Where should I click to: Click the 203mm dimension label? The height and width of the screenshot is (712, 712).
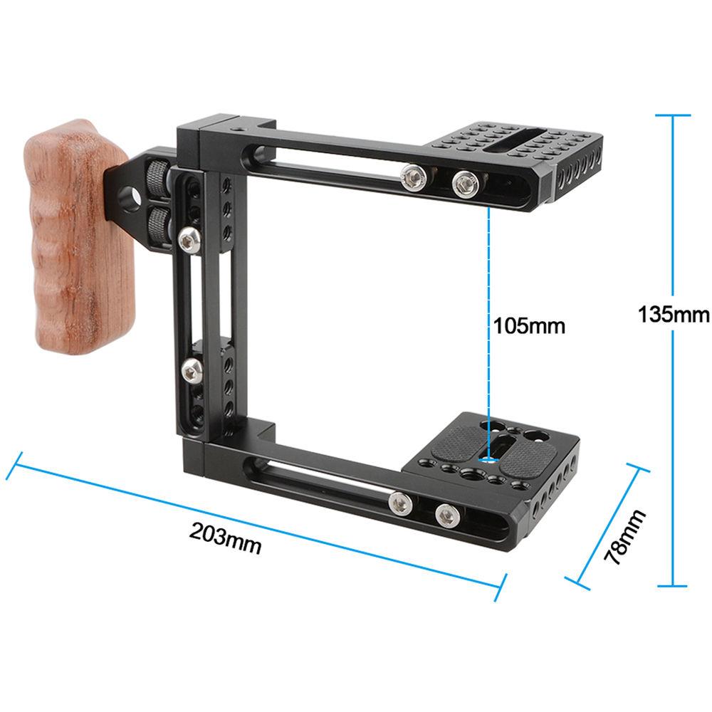point(226,539)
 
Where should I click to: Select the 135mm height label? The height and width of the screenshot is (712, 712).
point(673,314)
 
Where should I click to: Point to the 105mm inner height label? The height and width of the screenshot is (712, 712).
point(530,326)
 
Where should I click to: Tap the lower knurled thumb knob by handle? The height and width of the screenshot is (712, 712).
point(157,225)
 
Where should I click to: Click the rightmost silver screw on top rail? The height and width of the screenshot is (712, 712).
point(464,184)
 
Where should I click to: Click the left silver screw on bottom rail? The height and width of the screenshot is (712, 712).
point(399,503)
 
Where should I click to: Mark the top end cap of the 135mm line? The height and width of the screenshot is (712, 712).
point(673,115)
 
